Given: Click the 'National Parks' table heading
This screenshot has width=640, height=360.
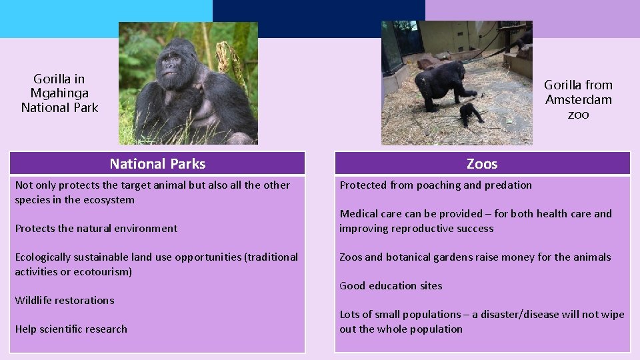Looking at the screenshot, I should [157, 164].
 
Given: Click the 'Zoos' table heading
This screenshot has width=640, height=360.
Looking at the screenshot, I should [482, 164].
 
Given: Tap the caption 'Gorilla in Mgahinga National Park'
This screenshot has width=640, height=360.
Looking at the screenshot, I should [59, 93].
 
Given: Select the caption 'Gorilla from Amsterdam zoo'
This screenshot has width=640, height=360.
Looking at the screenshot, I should [578, 99].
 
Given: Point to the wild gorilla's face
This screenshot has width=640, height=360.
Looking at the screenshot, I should [172, 63].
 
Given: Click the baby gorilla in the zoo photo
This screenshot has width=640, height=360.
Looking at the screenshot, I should [472, 113].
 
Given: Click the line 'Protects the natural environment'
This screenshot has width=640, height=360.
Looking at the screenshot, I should [96, 229].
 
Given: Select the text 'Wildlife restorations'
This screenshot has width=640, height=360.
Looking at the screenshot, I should [65, 301].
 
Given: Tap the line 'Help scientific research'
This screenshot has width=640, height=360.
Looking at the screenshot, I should [71, 329].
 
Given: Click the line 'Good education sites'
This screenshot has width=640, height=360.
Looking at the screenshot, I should [391, 286].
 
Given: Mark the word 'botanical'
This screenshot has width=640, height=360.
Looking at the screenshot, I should [411, 257].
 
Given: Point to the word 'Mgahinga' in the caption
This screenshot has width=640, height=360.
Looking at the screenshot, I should [59, 93].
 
